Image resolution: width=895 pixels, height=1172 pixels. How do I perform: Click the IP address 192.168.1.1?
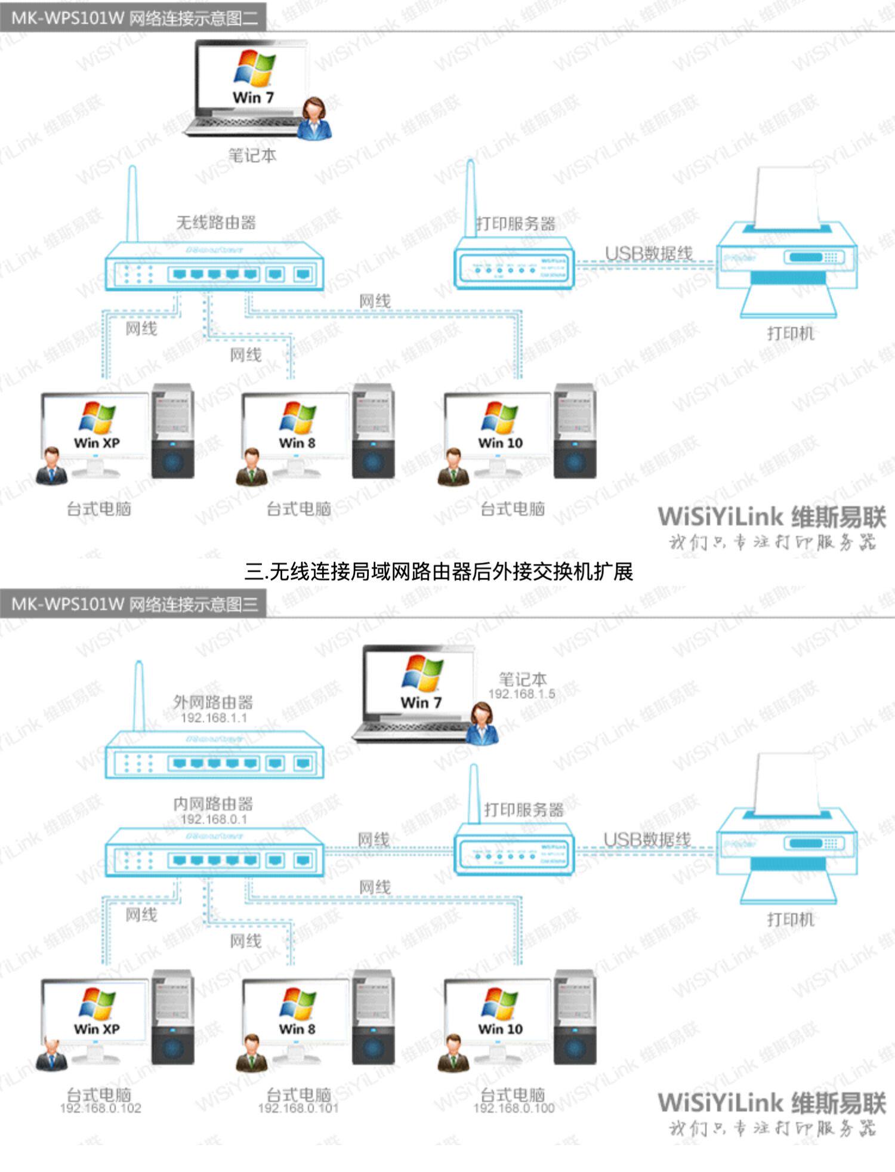214,718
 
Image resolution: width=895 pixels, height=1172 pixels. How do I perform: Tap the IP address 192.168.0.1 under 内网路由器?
214,819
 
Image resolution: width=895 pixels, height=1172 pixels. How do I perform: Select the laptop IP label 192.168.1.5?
521,694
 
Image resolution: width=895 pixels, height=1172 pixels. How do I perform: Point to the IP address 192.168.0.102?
100,1108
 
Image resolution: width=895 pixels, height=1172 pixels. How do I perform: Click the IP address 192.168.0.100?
514,1108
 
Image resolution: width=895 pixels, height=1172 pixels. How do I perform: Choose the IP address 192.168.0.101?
298,1108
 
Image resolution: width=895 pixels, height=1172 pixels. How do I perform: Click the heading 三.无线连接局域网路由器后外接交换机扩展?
439,572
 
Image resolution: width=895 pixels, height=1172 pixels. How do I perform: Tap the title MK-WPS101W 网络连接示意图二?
134,18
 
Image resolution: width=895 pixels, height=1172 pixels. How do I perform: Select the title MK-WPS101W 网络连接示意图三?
134,604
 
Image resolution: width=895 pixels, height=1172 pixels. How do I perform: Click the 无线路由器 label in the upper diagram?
216,223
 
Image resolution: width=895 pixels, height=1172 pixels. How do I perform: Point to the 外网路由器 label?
213,702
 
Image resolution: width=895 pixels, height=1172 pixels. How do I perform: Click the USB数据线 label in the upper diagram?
649,254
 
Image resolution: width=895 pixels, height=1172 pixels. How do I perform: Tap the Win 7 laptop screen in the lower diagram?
421,681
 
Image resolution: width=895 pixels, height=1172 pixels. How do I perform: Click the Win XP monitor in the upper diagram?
95,425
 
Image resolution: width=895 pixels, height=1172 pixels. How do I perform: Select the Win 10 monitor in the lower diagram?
499,1011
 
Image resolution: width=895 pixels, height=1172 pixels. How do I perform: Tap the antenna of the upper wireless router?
132,203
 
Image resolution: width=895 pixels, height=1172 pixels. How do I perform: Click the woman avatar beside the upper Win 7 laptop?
315,119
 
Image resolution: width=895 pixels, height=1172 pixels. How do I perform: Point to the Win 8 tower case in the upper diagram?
373,431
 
